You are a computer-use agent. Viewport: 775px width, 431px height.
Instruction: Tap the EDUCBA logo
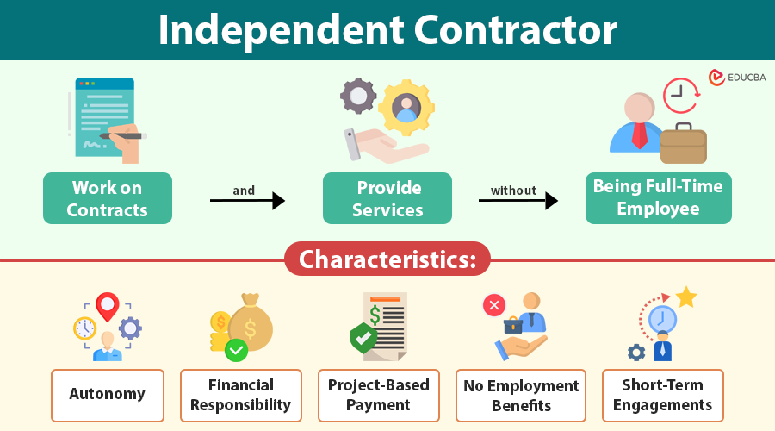point(736,78)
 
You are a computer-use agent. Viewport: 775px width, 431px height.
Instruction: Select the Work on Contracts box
point(108,198)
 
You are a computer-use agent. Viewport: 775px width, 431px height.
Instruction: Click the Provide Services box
point(387,198)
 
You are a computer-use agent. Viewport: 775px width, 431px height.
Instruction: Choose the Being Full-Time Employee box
point(658,197)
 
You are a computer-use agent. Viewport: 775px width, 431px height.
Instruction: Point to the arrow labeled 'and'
point(247,201)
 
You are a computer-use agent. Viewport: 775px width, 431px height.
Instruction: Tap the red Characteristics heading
point(387,259)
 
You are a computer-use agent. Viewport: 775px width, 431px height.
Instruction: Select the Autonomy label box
point(108,395)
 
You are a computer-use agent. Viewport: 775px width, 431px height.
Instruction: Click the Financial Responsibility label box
point(241,395)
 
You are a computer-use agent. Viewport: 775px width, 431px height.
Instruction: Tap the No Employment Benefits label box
point(521,395)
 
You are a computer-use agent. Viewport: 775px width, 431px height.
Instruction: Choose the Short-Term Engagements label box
point(663,395)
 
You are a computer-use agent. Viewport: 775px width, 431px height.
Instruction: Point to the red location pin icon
point(107,305)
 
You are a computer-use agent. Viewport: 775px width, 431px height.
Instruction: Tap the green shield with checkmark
point(363,337)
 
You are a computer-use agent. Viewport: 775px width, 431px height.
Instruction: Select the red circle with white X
point(494,304)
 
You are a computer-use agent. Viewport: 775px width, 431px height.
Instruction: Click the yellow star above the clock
point(686,297)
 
